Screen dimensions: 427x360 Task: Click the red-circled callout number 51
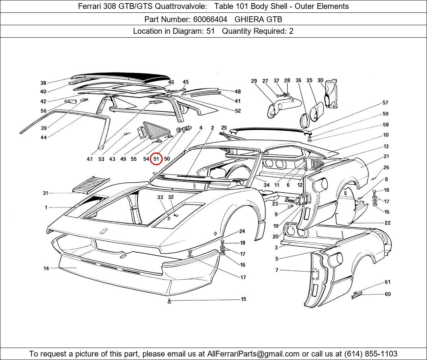point(156,159)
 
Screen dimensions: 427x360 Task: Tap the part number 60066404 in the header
point(210,19)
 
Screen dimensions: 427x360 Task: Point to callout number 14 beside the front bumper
point(46,268)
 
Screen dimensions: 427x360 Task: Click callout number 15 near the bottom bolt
point(243,299)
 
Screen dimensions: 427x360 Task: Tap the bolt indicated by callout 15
point(169,301)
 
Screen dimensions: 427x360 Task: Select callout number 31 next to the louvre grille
point(45,193)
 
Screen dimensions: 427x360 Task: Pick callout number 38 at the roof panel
point(43,83)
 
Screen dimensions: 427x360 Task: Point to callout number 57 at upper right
point(385,102)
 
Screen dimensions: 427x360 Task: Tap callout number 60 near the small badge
point(387,294)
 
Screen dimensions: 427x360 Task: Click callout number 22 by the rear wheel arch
point(387,223)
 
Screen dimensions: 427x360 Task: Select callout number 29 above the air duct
point(254,81)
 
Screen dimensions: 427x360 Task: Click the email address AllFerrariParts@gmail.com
point(253,354)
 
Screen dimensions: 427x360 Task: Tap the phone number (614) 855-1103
point(371,354)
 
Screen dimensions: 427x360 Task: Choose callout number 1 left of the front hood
point(46,207)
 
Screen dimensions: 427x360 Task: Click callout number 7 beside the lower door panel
point(277,270)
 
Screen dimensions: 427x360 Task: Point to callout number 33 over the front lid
point(160,197)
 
